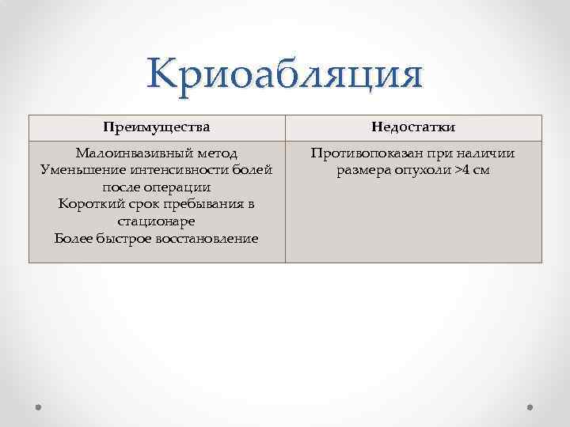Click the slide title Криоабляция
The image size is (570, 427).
285,77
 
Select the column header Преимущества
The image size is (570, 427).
157,127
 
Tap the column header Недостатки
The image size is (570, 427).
413,127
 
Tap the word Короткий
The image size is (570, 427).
92,205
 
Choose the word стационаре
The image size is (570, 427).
157,222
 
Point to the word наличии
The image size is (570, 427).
487,153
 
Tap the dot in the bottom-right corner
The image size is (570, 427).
530,406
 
